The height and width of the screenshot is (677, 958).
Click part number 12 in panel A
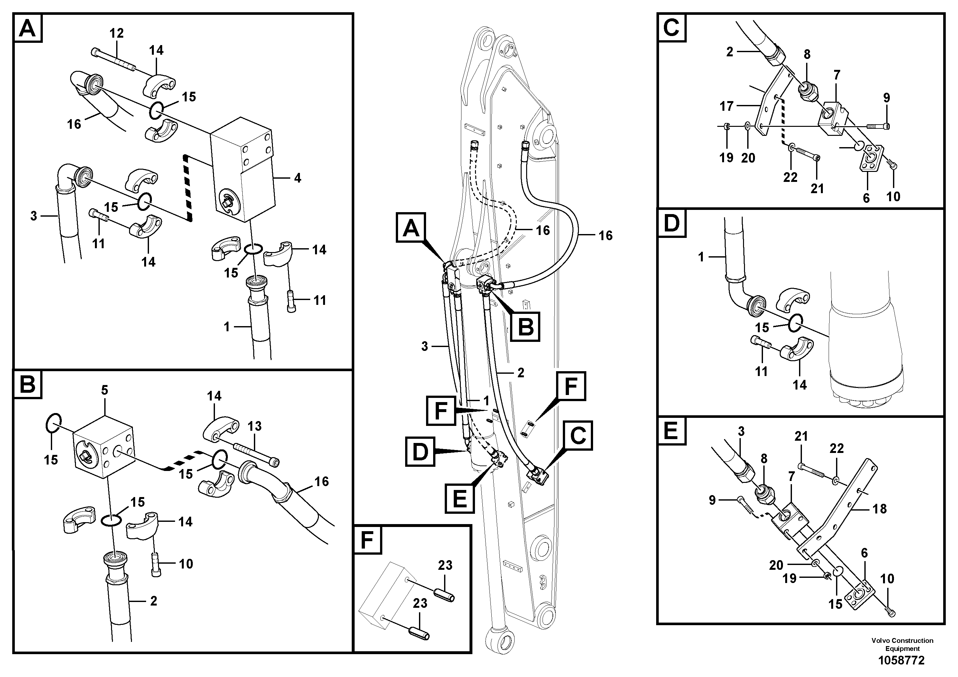pos(116,33)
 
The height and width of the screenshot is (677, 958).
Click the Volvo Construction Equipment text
pos(902,644)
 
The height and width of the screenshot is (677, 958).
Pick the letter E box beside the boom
pos(460,498)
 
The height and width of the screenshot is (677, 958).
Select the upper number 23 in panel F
pos(445,565)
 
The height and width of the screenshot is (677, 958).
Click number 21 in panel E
pos(801,436)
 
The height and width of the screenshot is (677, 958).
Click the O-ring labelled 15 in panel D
pos(795,323)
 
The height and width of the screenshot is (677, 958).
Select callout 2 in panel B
pos(153,601)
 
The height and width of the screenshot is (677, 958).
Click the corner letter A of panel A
pos(28,28)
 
